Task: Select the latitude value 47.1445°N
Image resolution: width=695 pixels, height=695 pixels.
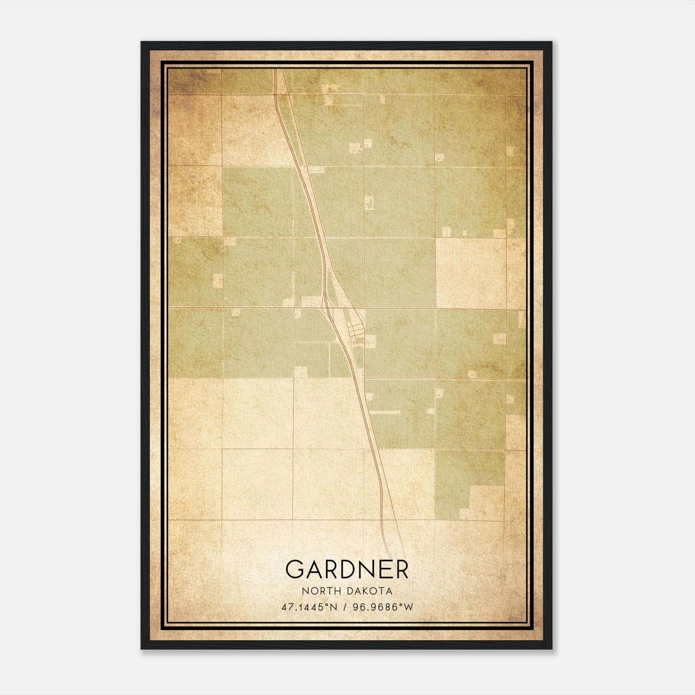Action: [309, 607]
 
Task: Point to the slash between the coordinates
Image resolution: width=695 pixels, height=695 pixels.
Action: [344, 607]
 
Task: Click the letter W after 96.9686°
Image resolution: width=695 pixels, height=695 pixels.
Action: [408, 607]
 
